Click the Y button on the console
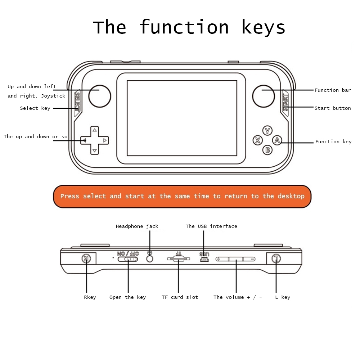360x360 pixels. [x=267, y=131]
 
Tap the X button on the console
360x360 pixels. [x=258, y=140]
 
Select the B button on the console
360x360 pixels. [x=267, y=150]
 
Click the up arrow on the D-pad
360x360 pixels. [x=95, y=130]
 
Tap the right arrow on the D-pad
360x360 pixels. [x=105, y=140]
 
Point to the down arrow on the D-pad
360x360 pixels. [x=95, y=151]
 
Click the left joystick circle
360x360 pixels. [x=100, y=96]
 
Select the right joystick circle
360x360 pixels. [x=264, y=96]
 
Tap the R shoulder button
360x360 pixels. [x=86, y=259]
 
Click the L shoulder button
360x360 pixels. [x=276, y=259]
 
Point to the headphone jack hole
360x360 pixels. [x=150, y=259]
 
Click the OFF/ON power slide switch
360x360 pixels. [x=128, y=259]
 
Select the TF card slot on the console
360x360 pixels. [x=179, y=259]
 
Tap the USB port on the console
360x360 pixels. [x=204, y=260]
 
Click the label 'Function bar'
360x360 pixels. [x=333, y=90]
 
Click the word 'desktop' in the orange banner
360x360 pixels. [x=291, y=196]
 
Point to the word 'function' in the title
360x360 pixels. [x=184, y=27]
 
